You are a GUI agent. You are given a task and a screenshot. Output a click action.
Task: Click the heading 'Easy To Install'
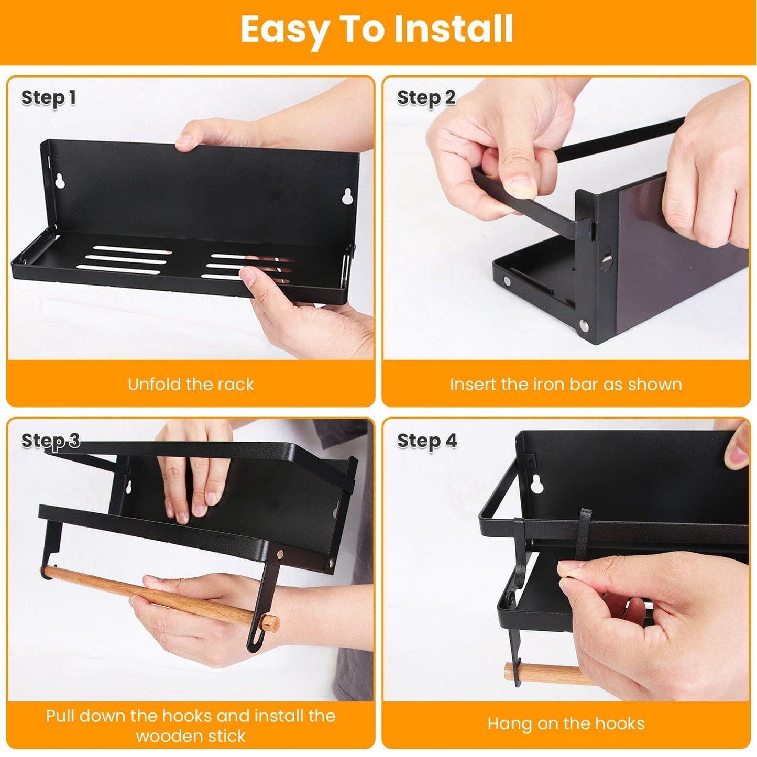click(x=377, y=29)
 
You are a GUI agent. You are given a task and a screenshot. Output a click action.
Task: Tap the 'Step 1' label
click(x=49, y=98)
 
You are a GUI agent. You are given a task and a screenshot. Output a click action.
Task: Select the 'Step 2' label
click(x=426, y=98)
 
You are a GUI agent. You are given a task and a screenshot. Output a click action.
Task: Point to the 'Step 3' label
click(x=50, y=441)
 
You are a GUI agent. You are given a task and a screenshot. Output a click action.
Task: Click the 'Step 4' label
click(x=427, y=441)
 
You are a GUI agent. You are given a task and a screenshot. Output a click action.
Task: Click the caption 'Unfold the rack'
click(x=191, y=384)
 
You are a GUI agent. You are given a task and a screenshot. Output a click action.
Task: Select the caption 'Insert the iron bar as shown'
click(x=566, y=384)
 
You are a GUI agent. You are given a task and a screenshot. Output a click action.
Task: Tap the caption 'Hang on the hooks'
click(x=566, y=723)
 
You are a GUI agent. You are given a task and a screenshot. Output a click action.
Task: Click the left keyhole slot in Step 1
click(x=61, y=181)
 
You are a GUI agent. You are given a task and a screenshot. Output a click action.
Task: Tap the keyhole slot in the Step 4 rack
click(x=536, y=484)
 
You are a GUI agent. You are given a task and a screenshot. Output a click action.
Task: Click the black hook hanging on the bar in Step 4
click(x=584, y=529)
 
